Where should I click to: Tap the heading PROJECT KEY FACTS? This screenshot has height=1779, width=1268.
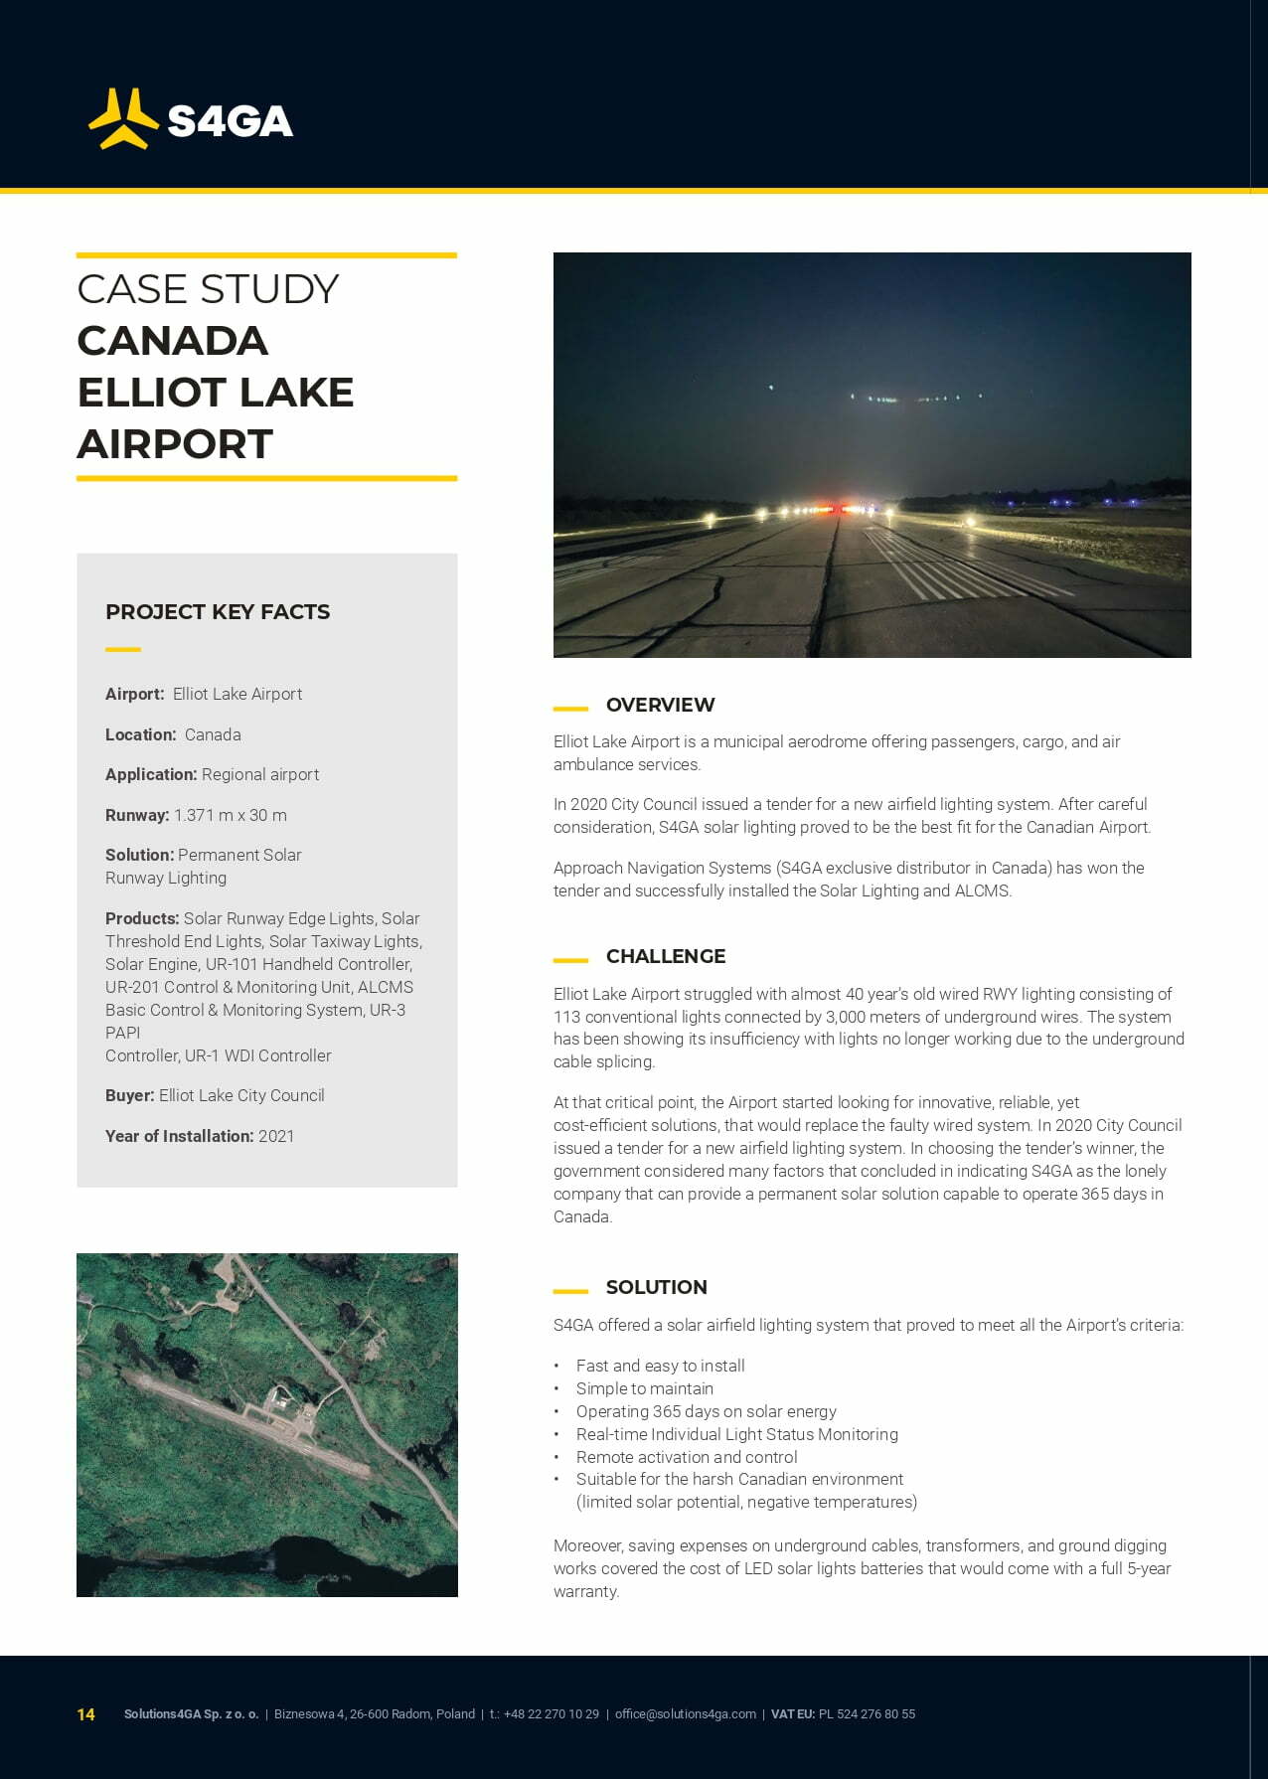pos(218,612)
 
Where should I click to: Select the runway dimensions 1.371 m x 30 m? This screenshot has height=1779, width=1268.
pos(231,815)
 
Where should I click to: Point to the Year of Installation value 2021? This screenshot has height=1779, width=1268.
pos(276,1136)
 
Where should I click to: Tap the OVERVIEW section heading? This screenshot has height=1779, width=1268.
pos(660,705)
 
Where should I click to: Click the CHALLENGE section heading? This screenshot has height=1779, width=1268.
pos(666,956)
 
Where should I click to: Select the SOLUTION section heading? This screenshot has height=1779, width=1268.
pos(657,1287)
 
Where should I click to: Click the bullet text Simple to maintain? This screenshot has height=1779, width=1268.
pos(645,1388)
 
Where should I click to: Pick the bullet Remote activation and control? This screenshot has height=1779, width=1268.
pos(687,1457)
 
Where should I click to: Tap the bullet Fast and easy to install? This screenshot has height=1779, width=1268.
pos(661,1366)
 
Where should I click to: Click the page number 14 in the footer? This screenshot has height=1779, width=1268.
pos(86,1714)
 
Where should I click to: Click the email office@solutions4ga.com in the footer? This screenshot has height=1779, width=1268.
pos(686,1714)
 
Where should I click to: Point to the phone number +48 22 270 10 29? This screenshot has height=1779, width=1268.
pos(552,1714)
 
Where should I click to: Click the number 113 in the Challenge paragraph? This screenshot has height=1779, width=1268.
pos(567,1017)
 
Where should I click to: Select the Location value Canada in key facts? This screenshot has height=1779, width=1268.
pos(213,734)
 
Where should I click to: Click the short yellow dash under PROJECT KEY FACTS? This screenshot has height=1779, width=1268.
pos(123,650)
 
